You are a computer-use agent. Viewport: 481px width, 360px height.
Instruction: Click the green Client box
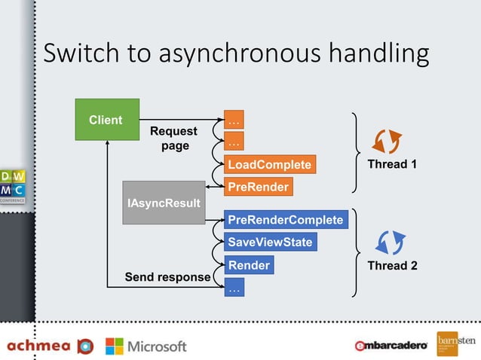click(x=106, y=120)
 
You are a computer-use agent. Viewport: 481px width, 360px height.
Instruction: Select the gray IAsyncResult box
click(x=164, y=203)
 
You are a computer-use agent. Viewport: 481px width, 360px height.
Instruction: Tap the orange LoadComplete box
click(x=268, y=164)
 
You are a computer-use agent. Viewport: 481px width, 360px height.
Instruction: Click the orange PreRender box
click(x=257, y=186)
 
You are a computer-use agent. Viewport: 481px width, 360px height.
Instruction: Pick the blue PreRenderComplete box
click(x=286, y=220)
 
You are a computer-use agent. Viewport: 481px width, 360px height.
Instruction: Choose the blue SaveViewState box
click(x=270, y=243)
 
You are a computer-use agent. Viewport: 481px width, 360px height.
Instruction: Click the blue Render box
click(x=249, y=265)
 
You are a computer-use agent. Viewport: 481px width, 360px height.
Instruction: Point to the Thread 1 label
click(x=392, y=164)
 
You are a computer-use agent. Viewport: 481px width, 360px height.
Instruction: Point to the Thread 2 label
click(x=392, y=265)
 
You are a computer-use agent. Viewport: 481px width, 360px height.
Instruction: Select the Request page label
click(x=174, y=139)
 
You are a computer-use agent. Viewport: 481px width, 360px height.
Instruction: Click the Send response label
click(x=167, y=277)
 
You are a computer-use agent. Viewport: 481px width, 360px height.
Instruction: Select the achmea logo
click(x=50, y=346)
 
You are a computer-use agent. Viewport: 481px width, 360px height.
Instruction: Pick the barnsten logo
click(x=456, y=343)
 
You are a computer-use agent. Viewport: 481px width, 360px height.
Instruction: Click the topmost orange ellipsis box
click(x=234, y=120)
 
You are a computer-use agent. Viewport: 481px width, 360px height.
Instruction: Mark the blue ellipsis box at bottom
click(x=234, y=288)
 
